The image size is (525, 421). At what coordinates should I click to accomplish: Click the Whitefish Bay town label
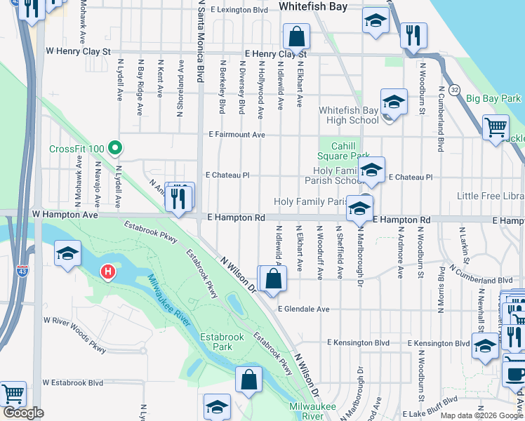coord(313,6)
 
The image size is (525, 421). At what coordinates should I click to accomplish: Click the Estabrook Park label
coord(222,342)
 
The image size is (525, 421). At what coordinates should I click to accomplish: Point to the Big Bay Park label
coord(494,99)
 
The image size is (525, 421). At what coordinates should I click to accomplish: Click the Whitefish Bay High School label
coord(348,115)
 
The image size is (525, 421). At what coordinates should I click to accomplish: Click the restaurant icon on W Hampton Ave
coord(179,199)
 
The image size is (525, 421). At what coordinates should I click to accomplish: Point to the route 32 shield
coord(455,90)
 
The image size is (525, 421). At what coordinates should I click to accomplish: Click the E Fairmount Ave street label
coord(236,135)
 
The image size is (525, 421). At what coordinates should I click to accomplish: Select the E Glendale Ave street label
coord(303,309)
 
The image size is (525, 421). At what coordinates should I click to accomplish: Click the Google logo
coord(23,413)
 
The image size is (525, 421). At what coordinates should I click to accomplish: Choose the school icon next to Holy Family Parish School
coord(371,170)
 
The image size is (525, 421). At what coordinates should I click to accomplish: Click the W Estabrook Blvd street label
coord(73,383)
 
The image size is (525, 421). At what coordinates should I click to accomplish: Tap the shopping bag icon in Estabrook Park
coord(249,380)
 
